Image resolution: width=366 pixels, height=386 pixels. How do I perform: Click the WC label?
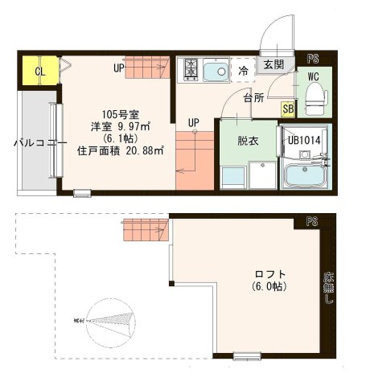313,77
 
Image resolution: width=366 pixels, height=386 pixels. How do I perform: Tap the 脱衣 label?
248,139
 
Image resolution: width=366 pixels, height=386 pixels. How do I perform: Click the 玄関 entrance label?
273,64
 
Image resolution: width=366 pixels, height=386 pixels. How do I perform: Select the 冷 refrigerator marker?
243,72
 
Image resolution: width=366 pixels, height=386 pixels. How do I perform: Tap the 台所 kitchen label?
255,98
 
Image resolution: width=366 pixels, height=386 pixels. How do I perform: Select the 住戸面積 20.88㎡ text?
121,150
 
